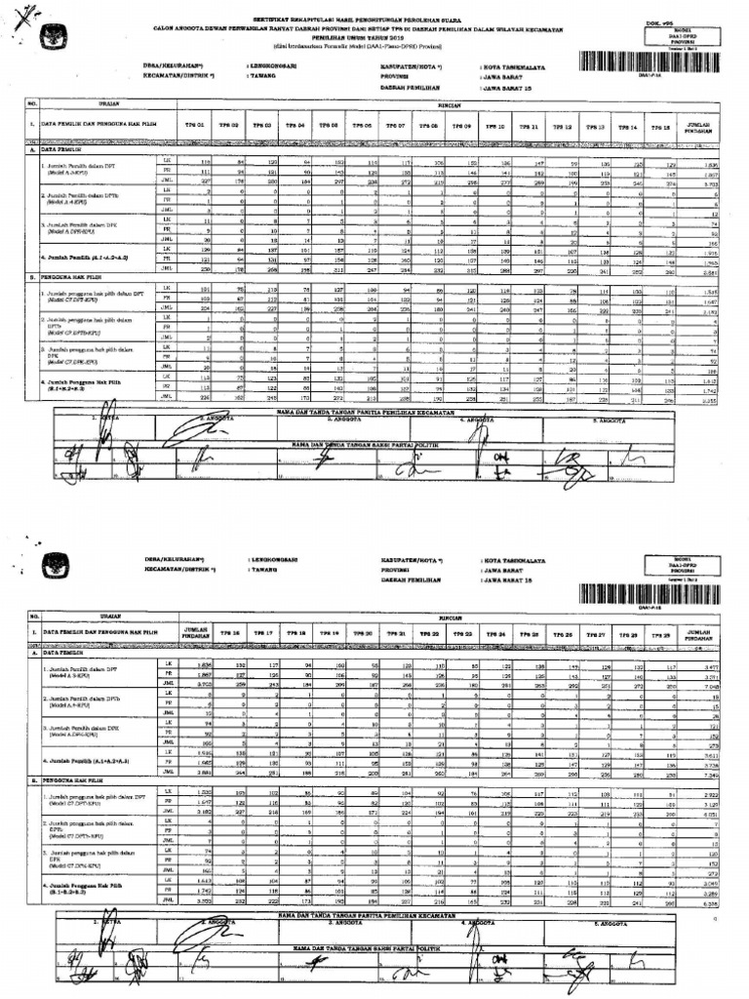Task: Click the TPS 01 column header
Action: (196, 127)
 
